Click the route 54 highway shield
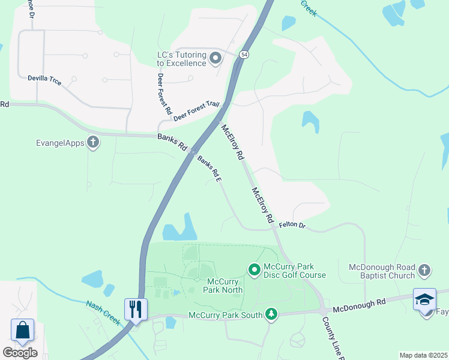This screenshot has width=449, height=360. tap(244, 55)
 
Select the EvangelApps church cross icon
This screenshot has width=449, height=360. tap(93, 142)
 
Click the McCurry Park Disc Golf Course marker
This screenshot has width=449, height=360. tap(253, 270)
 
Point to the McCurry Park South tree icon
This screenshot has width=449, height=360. tap(272, 314)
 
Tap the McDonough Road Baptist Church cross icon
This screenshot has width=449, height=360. tap(424, 271)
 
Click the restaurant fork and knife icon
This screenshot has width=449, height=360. tap(135, 310)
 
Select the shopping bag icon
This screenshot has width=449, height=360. tap(23, 331)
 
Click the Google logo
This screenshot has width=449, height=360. tap(20, 352)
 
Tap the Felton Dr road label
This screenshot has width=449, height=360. tap(292, 226)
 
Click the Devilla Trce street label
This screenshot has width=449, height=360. tap(44, 79)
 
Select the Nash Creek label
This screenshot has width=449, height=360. tap(103, 312)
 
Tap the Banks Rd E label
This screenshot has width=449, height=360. tap(209, 167)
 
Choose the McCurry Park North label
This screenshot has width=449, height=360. tap(225, 286)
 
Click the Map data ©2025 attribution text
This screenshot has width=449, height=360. tap(423, 355)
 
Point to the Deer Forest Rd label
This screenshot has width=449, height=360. tap(164, 94)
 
